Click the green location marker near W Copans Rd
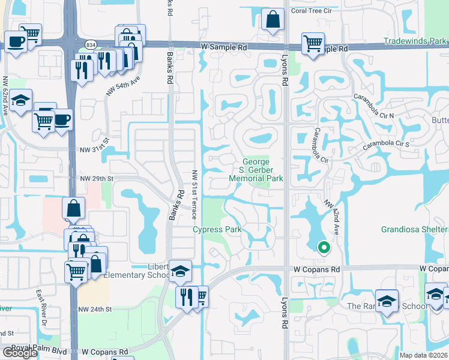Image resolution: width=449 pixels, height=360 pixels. pyautogui.click(x=324, y=247)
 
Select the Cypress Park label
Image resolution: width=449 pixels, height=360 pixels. pyautogui.click(x=217, y=229)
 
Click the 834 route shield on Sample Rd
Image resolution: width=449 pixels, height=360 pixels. pyautogui.click(x=91, y=44)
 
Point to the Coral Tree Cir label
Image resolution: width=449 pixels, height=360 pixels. pyautogui.click(x=311, y=11)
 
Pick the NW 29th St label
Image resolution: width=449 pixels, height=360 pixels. pyautogui.click(x=97, y=179)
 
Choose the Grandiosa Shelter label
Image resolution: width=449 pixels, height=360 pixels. pyautogui.click(x=415, y=229)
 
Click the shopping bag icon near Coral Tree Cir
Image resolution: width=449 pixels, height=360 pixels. pyautogui.click(x=273, y=19)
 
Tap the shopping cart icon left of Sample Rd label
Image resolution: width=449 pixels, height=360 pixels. pyautogui.click(x=313, y=43)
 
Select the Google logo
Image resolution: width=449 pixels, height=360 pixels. pyautogui.click(x=20, y=353)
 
